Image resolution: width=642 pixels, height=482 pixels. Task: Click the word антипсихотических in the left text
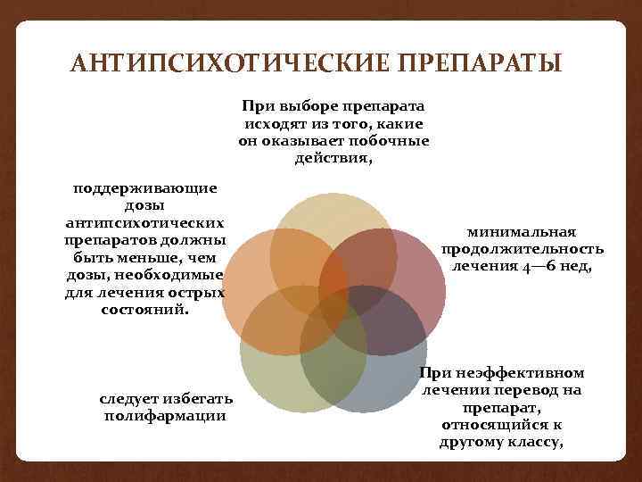(x=145, y=221)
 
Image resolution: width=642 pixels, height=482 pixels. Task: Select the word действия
(x=333, y=158)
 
